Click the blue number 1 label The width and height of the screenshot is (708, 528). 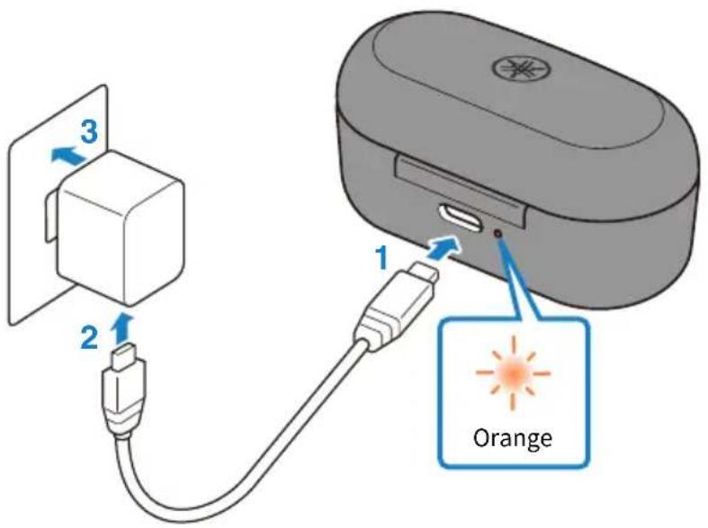(x=382, y=257)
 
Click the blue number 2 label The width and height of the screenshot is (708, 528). (x=89, y=337)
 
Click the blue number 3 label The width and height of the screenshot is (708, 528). (x=89, y=133)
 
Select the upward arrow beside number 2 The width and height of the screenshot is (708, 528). (x=121, y=328)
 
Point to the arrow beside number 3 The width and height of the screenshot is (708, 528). (x=67, y=157)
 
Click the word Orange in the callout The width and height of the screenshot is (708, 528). (x=513, y=438)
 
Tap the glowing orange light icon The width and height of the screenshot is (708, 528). (x=514, y=372)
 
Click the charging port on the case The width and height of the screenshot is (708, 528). (x=461, y=217)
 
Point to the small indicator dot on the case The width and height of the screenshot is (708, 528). (x=498, y=233)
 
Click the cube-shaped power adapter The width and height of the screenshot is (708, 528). (x=120, y=226)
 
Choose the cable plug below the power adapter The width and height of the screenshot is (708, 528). (x=123, y=388)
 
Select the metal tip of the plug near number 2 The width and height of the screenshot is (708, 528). (x=123, y=354)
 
